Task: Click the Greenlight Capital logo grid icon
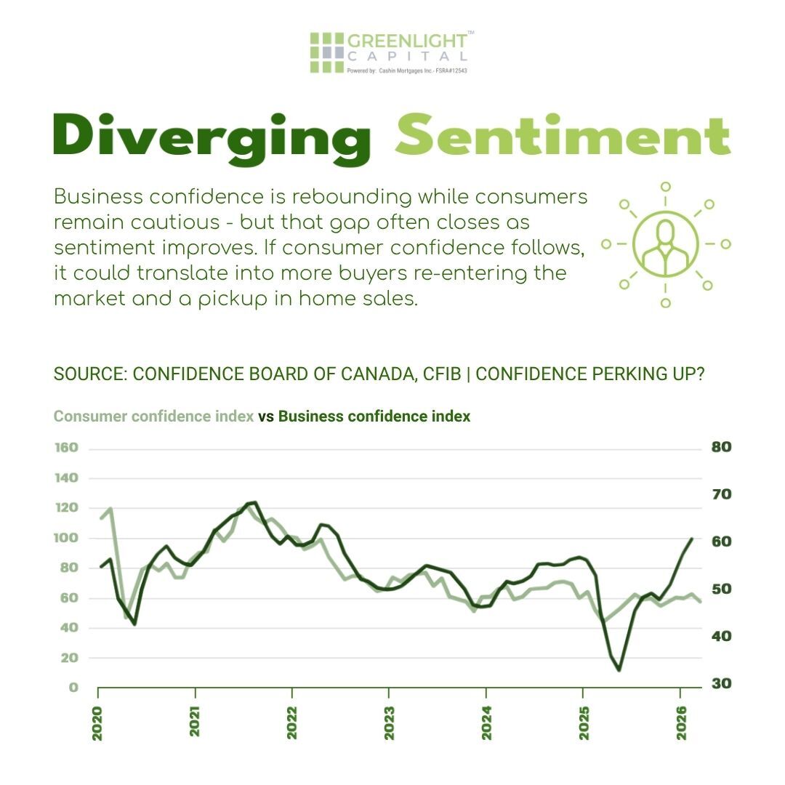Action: (x=326, y=52)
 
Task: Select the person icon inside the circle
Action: (x=665, y=244)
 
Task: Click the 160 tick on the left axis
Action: (x=65, y=448)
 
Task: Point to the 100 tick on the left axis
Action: (x=65, y=538)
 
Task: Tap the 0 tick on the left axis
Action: (x=73, y=688)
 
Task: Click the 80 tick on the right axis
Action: (x=720, y=447)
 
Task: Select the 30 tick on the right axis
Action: (x=720, y=684)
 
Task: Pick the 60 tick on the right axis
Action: (x=720, y=542)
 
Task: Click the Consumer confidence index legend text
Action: (x=153, y=416)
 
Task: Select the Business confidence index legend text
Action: (x=374, y=416)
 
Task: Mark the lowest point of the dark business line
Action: (x=619, y=669)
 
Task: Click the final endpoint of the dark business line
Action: (x=691, y=539)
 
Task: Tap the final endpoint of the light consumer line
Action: (x=700, y=601)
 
